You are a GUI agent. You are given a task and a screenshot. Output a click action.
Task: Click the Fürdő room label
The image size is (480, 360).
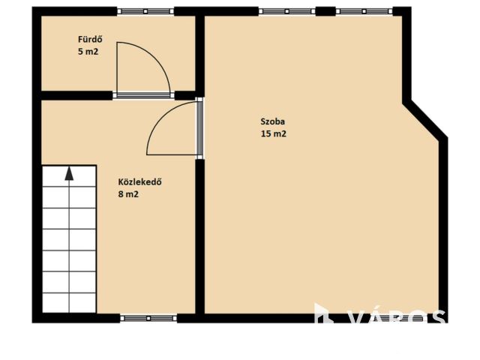point(90,40)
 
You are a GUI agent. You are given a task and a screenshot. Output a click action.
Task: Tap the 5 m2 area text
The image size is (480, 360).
point(88,52)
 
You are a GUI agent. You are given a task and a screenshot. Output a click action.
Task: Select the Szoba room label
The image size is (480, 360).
point(273,121)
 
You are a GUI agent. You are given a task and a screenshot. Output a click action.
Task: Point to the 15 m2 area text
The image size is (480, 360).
point(274,133)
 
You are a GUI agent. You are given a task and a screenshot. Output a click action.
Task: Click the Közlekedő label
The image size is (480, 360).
point(140,181)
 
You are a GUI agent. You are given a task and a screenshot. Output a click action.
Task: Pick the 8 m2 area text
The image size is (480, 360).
point(128,194)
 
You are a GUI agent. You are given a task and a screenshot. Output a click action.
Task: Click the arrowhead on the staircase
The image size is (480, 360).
point(70,173)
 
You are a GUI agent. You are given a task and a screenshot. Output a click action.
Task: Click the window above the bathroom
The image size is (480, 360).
point(145,11)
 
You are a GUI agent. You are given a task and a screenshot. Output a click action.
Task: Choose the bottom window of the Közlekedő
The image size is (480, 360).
point(148,318)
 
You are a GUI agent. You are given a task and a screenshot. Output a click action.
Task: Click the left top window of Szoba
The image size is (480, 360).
point(286,11)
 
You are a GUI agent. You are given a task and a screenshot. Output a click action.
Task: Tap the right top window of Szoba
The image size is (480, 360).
point(364,11)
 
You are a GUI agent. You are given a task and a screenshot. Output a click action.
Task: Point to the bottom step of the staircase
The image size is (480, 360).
point(70,303)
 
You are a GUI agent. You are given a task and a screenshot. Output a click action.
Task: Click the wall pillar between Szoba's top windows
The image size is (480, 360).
point(325,11)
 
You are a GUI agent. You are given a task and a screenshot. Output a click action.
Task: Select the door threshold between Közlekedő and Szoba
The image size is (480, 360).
point(199,128)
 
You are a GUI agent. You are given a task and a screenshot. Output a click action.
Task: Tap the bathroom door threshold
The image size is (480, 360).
point(143,95)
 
